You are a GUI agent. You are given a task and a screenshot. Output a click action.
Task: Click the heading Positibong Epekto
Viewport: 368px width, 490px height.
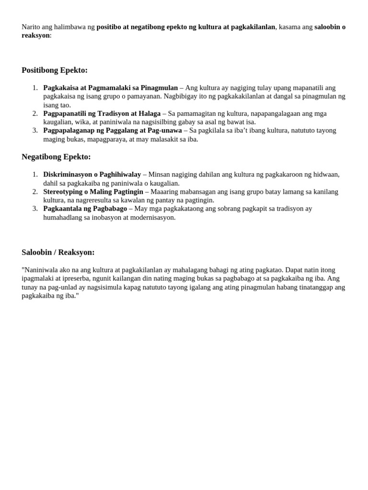click(x=55, y=70)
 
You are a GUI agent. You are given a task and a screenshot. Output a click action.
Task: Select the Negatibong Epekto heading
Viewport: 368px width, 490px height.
click(x=56, y=157)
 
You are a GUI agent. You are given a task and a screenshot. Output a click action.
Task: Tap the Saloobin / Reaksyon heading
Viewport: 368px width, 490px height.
click(x=58, y=252)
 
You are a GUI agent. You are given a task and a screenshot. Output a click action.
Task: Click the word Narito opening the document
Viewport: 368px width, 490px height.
click(x=32, y=27)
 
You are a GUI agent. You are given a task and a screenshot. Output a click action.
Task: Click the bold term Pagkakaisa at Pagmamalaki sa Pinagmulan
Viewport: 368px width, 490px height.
click(x=110, y=88)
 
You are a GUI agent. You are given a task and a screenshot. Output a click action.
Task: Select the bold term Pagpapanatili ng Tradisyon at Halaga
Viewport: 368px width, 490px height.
click(x=102, y=113)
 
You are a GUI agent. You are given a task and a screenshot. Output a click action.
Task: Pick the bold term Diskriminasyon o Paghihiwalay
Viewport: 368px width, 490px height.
click(x=92, y=174)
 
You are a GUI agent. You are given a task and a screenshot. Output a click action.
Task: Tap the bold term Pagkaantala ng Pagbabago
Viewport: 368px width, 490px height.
click(x=85, y=209)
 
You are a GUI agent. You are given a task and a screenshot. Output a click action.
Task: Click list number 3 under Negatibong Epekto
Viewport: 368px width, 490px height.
click(x=35, y=209)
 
